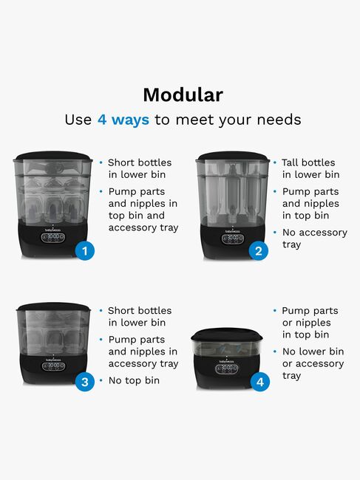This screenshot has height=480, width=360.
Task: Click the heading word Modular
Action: pos(183,95)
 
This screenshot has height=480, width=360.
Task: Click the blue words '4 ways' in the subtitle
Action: pos(123,120)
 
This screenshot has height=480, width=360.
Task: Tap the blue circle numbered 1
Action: pos(85,251)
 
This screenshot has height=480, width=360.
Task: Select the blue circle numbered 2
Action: pos(259,251)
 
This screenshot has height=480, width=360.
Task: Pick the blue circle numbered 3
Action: pos(85,382)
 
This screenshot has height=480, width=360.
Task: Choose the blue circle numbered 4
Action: pos(259,382)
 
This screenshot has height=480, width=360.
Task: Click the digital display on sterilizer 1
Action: pos(53,238)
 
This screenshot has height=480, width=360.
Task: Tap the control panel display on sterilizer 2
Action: pos(233,239)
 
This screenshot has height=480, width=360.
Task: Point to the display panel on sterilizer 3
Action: pos(53,366)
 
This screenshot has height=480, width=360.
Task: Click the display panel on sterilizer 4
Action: pos(227,368)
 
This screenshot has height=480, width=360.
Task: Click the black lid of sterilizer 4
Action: pos(227,335)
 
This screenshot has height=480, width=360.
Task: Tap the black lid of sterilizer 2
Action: pos(233,156)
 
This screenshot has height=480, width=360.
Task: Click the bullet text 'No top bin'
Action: pos(134,380)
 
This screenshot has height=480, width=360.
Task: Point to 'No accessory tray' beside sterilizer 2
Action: pos(315,239)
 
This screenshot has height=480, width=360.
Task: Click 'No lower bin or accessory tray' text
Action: pos(313,363)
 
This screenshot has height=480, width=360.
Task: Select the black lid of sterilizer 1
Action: pos(52,156)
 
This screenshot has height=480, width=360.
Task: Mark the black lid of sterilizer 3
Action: pos(53,307)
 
